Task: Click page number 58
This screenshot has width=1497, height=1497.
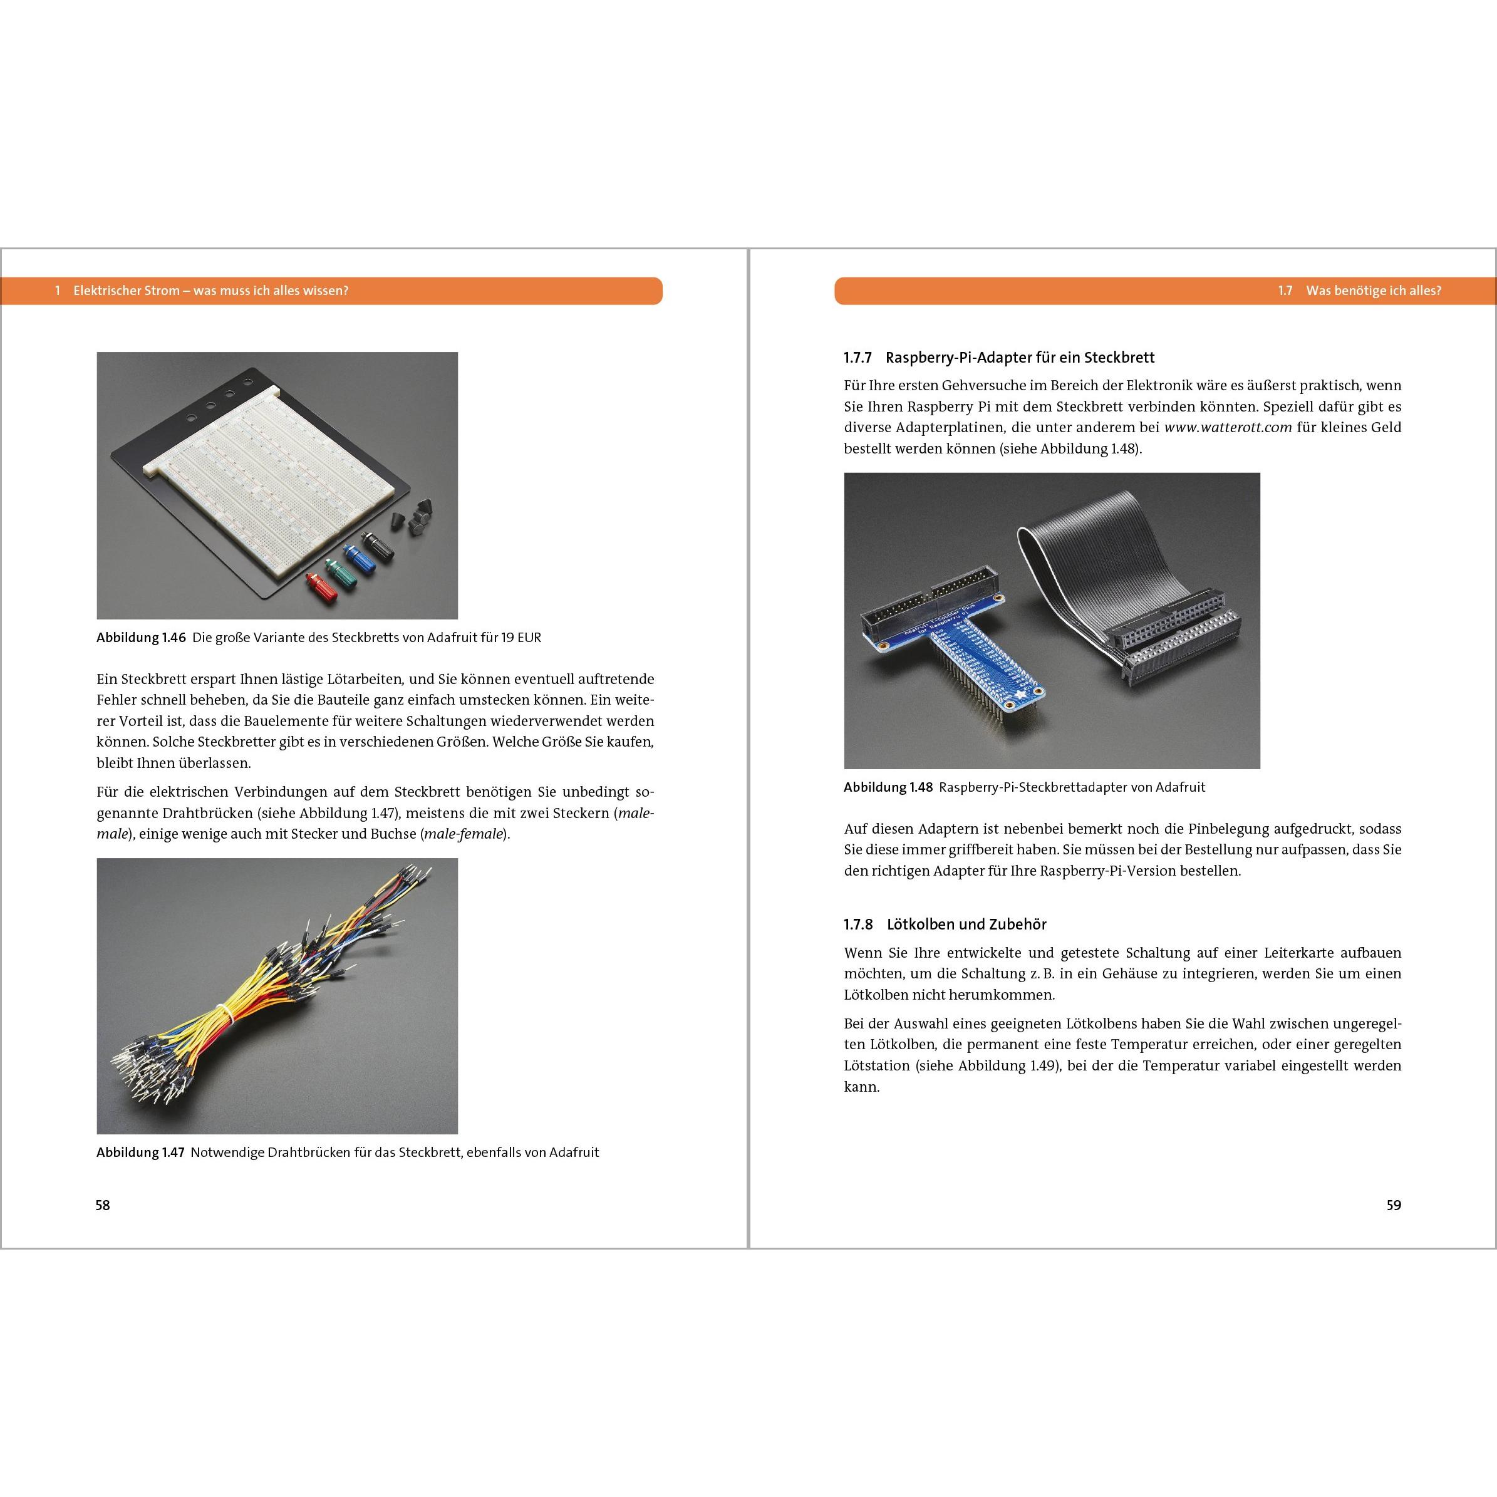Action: click(102, 1205)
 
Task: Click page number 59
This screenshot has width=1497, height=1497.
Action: click(1393, 1205)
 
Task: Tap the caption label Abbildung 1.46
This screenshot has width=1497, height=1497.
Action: click(141, 638)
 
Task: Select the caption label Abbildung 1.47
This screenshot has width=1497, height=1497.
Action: click(140, 1153)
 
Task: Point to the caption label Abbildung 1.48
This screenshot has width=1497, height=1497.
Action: click(888, 787)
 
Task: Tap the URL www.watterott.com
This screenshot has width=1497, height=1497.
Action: click(1228, 427)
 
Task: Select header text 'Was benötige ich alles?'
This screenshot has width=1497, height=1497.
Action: click(1373, 291)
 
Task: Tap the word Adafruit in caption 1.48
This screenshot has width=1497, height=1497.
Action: click(1180, 787)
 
